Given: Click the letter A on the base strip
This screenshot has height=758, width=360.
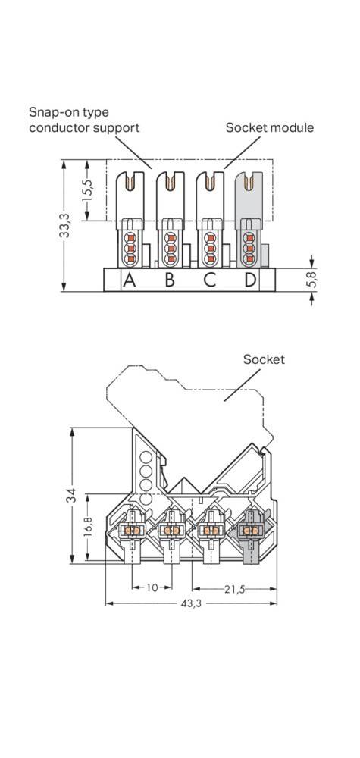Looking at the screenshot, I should [130, 280].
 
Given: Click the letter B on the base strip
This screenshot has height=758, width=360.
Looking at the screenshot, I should [170, 280].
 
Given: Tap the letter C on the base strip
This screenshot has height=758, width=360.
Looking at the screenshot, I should [210, 280].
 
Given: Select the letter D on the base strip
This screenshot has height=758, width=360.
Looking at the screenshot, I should [250, 280].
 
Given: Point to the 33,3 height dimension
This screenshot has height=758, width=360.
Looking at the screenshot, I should [66, 226].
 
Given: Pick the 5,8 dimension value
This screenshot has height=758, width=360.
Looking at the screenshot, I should [311, 279].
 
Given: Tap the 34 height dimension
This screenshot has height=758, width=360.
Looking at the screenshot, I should [71, 498].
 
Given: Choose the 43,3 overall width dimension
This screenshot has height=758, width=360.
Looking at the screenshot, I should [189, 604].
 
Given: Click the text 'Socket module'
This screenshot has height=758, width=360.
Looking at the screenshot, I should [269, 127].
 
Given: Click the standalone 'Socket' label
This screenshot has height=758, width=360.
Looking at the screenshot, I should [264, 359].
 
